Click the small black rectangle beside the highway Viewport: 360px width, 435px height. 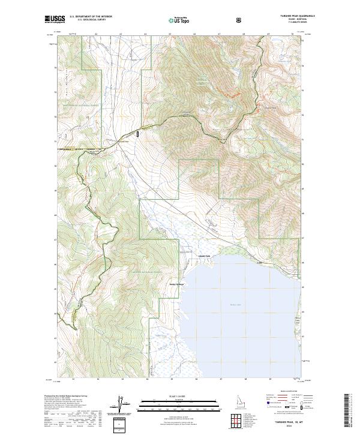pyautogui.click(x=138, y=134)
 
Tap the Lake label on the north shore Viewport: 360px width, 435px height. pyautogui.click(x=260, y=262)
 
